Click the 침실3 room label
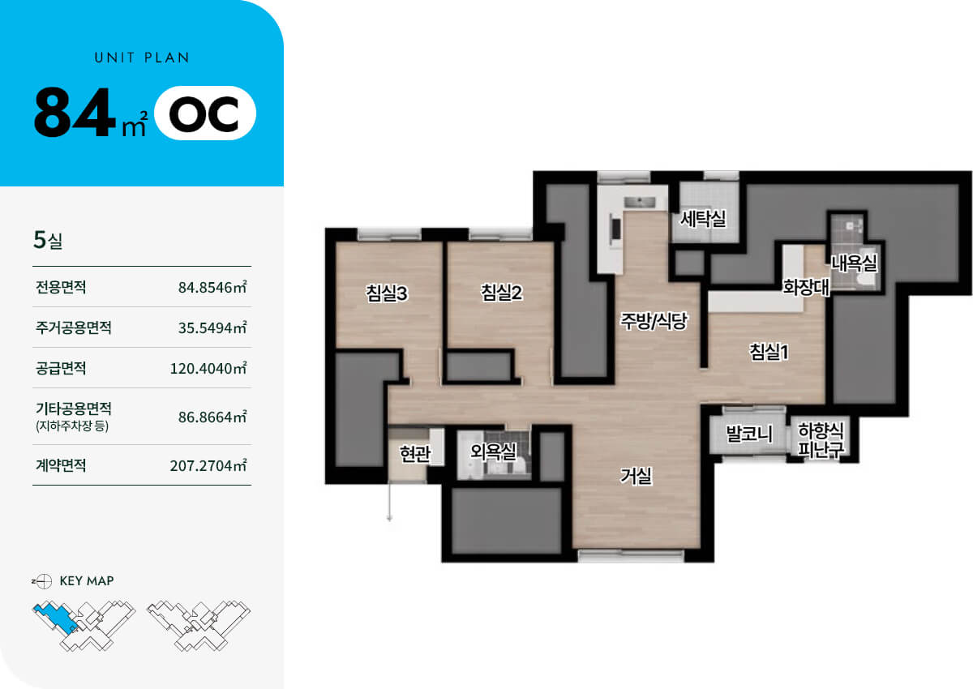tap(387, 293)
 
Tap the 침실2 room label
tap(501, 292)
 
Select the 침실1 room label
tap(769, 351)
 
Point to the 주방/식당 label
tap(654, 321)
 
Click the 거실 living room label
tap(636, 476)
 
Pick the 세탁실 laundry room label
tap(703, 218)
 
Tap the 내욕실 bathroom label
tap(854, 263)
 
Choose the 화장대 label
tap(806, 287)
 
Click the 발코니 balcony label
tap(749, 434)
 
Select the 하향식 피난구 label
tap(821, 440)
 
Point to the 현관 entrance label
tap(415, 454)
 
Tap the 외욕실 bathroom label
tap(494, 452)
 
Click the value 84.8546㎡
tap(212, 287)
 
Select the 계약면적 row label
tap(61, 465)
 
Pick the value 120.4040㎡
tap(208, 368)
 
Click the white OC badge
tap(205, 113)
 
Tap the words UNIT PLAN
tap(142, 58)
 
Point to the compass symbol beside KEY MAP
tap(44, 581)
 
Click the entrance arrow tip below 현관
tap(390, 520)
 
